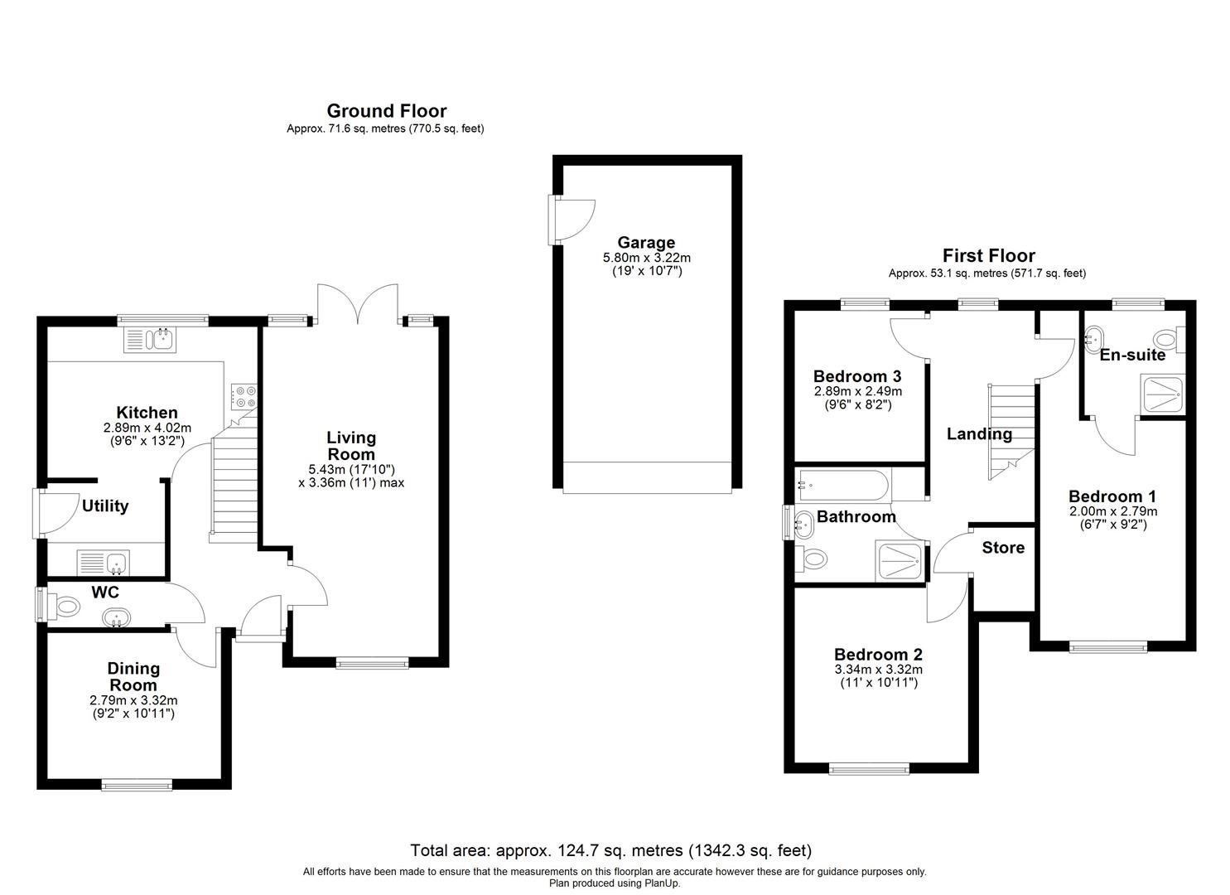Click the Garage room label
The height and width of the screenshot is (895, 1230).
point(645,243)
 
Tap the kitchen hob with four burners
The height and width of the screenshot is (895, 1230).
point(244,397)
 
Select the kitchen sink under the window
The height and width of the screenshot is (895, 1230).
point(150,340)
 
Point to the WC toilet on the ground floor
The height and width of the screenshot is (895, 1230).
point(65,607)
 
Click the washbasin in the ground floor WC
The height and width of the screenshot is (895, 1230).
point(115,617)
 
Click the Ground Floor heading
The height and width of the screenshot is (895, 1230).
point(386,111)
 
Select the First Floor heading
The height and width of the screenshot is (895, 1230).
point(988,256)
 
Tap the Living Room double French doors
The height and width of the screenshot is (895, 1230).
point(358,304)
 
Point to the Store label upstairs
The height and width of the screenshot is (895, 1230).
point(1003,548)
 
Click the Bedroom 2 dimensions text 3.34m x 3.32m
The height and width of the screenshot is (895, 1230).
point(878,670)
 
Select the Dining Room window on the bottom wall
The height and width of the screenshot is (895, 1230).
point(137,783)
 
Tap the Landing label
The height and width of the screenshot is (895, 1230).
point(979,433)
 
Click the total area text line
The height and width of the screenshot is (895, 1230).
point(611,850)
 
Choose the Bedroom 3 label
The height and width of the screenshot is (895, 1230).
point(857,376)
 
